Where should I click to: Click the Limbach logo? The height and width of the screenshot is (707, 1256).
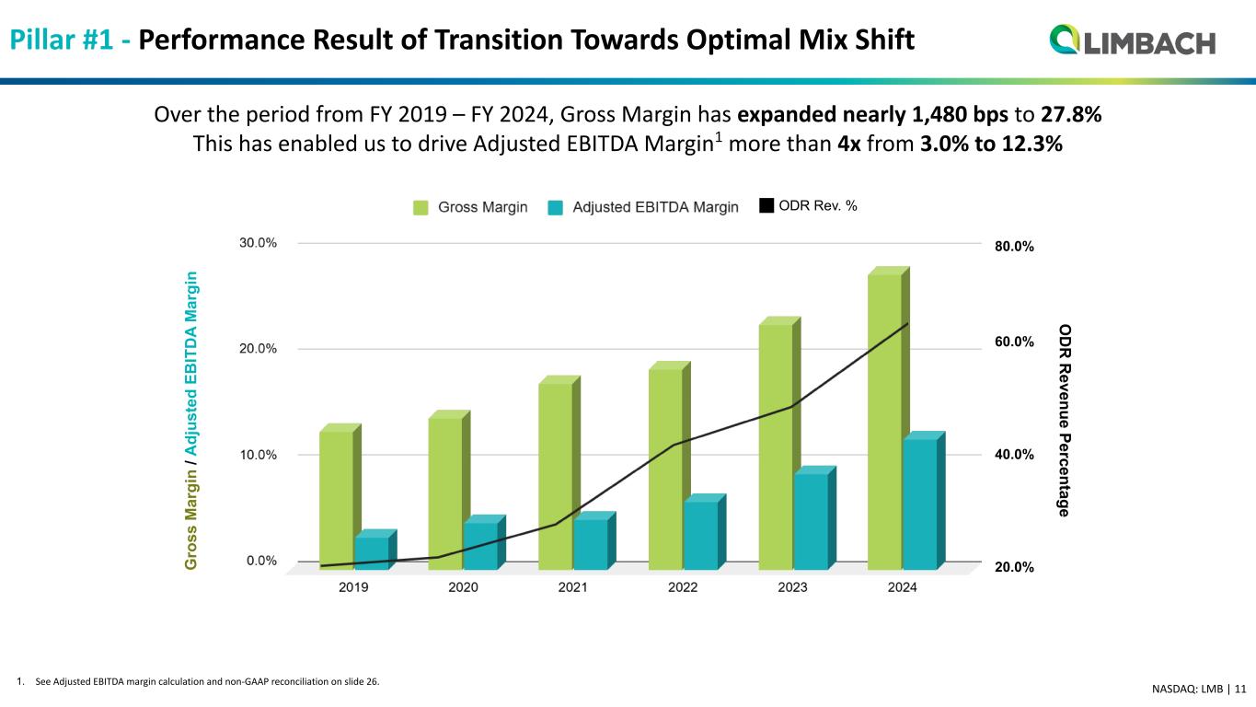pyautogui.click(x=1132, y=41)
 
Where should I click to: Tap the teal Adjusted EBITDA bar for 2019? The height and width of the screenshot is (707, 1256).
pyautogui.click(x=372, y=552)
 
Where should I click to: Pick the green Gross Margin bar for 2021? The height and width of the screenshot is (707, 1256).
pyautogui.click(x=555, y=474)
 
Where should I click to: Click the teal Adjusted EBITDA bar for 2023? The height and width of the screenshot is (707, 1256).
pyautogui.click(x=811, y=520)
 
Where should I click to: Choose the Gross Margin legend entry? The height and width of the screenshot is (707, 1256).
pyautogui.click(x=470, y=207)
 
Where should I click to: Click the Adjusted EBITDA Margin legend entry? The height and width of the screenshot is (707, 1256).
pyautogui.click(x=643, y=207)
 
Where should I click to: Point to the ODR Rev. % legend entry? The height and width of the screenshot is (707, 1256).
pyautogui.click(x=808, y=206)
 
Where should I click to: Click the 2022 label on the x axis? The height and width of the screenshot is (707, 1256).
pyautogui.click(x=683, y=589)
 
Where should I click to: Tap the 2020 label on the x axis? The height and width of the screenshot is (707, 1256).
pyautogui.click(x=463, y=589)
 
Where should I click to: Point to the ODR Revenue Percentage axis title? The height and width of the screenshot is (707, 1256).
pyautogui.click(x=1064, y=419)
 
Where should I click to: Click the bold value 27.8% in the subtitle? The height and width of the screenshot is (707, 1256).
pyautogui.click(x=1072, y=116)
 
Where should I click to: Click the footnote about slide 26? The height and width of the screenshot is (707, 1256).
pyautogui.click(x=198, y=682)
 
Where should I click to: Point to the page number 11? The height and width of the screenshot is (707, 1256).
pyautogui.click(x=1240, y=688)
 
